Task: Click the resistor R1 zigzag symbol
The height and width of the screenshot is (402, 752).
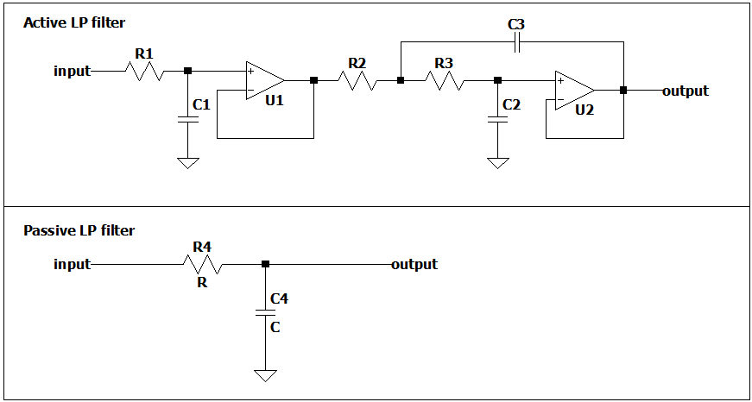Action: pyautogui.click(x=145, y=71)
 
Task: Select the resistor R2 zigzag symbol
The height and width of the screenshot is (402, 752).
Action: pyautogui.click(x=357, y=80)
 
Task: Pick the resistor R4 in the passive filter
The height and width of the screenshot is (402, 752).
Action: pyautogui.click(x=202, y=265)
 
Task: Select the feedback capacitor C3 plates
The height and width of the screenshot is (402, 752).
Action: pyautogui.click(x=516, y=43)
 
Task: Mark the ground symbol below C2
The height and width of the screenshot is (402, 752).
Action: pyautogui.click(x=497, y=163)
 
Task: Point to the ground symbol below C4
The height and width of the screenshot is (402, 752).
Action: pyautogui.click(x=265, y=375)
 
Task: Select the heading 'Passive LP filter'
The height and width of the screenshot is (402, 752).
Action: pyautogui.click(x=79, y=230)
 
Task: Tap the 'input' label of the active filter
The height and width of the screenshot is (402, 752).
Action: pyautogui.click(x=72, y=71)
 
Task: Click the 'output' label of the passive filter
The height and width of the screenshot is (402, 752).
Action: pyautogui.click(x=414, y=264)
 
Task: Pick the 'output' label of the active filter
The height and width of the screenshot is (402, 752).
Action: pyautogui.click(x=686, y=91)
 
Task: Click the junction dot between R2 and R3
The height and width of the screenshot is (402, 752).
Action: pyautogui.click(x=401, y=80)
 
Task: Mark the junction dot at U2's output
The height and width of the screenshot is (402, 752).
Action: pyautogui.click(x=622, y=90)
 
